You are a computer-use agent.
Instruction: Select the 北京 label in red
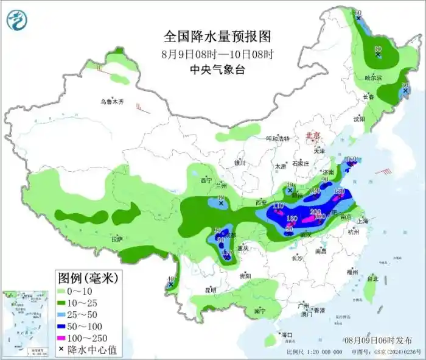(312, 136)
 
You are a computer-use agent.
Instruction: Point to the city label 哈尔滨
(373, 79)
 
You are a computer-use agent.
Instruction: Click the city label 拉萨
(117, 239)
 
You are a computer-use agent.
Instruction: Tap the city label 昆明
(210, 290)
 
